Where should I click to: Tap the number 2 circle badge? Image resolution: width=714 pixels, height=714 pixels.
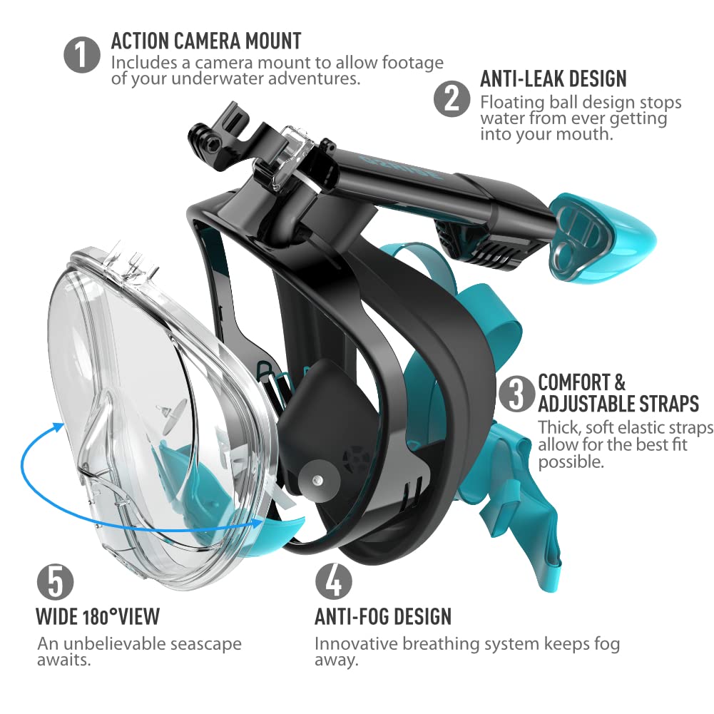point(452,98)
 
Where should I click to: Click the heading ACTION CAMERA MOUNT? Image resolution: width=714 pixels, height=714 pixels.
point(206,40)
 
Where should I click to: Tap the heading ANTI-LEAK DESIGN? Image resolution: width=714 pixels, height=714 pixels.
point(554,78)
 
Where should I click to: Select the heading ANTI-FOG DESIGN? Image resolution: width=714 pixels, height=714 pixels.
point(383,616)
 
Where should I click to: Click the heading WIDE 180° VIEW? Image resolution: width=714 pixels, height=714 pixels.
point(98,616)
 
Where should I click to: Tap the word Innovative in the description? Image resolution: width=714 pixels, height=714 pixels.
point(355,643)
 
